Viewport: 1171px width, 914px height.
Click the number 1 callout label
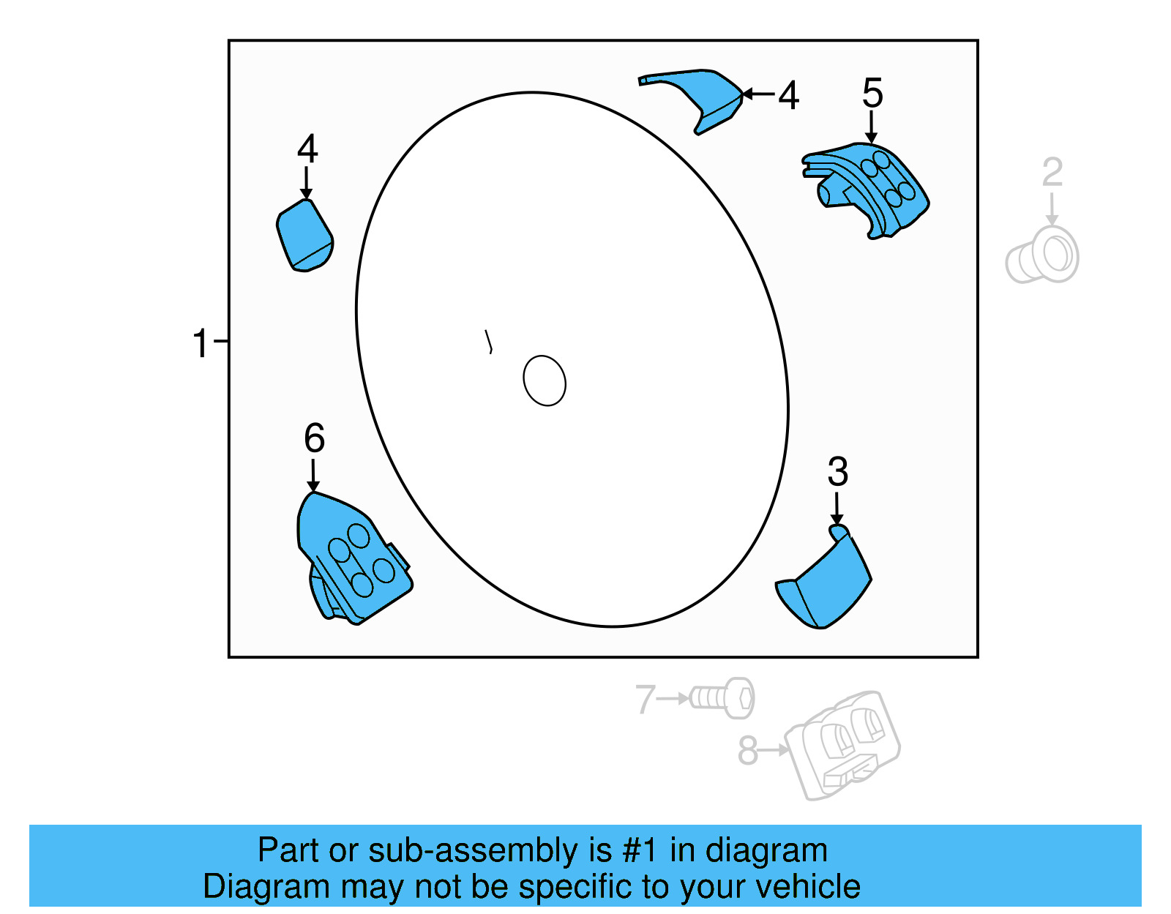tap(200, 343)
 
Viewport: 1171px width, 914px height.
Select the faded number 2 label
tap(1052, 173)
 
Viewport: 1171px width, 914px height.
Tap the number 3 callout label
tap(837, 472)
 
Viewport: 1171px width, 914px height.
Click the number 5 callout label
tap(872, 94)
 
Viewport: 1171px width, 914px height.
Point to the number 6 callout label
tap(314, 438)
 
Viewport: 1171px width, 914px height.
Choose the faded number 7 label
tap(644, 699)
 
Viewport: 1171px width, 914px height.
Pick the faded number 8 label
tap(747, 751)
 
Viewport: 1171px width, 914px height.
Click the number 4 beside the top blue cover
tap(788, 96)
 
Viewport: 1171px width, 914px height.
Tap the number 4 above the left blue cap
tap(307, 149)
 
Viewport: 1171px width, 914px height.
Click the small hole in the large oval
tap(545, 381)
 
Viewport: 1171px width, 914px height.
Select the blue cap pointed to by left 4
tap(305, 236)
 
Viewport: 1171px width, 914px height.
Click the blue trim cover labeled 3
tap(827, 585)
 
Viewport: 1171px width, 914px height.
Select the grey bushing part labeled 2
tap(1043, 255)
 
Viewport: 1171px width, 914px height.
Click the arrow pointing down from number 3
tap(837, 509)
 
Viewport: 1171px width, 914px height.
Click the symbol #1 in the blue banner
tap(640, 851)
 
